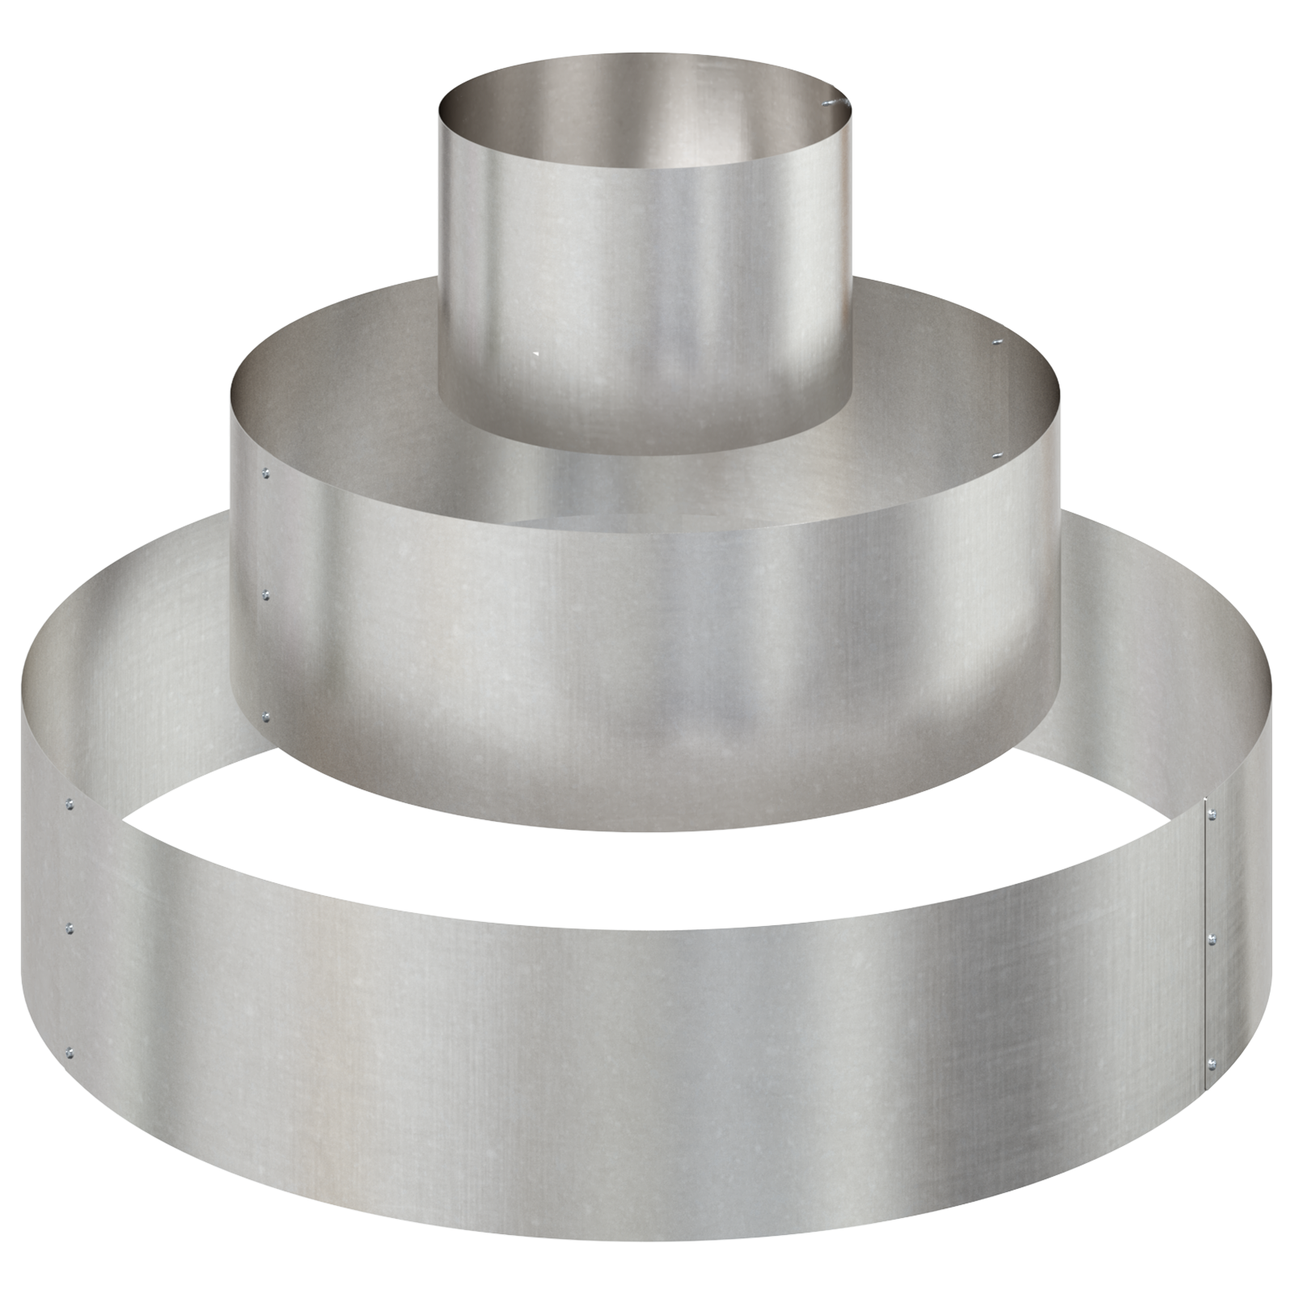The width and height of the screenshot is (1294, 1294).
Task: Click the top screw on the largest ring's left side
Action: [x=70, y=805]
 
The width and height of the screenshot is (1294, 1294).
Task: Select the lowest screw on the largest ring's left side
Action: [x=70, y=1052]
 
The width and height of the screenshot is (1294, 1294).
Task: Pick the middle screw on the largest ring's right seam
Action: [x=1211, y=938]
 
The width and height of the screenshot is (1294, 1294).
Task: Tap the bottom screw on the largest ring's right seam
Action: [x=1211, y=1062]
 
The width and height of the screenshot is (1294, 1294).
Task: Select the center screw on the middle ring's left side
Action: [x=267, y=595]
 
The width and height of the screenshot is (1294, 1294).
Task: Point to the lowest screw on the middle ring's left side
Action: [x=267, y=715]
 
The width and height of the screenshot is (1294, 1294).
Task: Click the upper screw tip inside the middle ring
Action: [x=997, y=344]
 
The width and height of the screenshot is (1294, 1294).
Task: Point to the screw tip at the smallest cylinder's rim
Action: [x=828, y=103]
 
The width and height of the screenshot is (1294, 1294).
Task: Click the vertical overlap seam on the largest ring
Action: [x=1204, y=938]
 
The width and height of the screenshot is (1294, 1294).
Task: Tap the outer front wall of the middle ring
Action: [x=647, y=647]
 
